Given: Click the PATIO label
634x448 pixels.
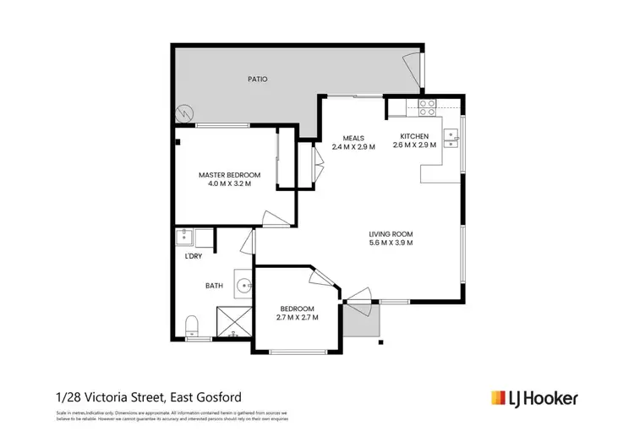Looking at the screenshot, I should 257,79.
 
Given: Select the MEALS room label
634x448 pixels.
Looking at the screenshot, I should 353,137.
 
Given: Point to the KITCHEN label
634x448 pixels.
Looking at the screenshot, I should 414,136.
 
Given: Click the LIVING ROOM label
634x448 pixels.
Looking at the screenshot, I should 390,234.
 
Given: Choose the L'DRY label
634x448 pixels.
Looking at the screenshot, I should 192,256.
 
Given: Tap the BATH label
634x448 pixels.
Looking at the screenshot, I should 214,285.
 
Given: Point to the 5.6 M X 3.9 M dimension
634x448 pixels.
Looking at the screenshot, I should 390,243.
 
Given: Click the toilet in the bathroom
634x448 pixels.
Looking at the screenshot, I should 191,325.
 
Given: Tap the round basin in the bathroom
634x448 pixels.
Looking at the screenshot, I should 242,285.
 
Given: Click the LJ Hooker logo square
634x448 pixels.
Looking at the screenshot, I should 499,396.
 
